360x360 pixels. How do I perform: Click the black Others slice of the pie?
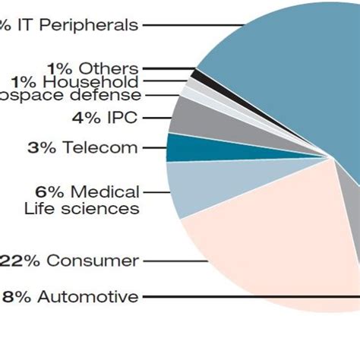196,74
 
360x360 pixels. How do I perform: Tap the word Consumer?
93,261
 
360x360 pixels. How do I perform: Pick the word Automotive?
88,296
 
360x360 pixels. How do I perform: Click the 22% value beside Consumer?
21,261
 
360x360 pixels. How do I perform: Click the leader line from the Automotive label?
251,296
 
